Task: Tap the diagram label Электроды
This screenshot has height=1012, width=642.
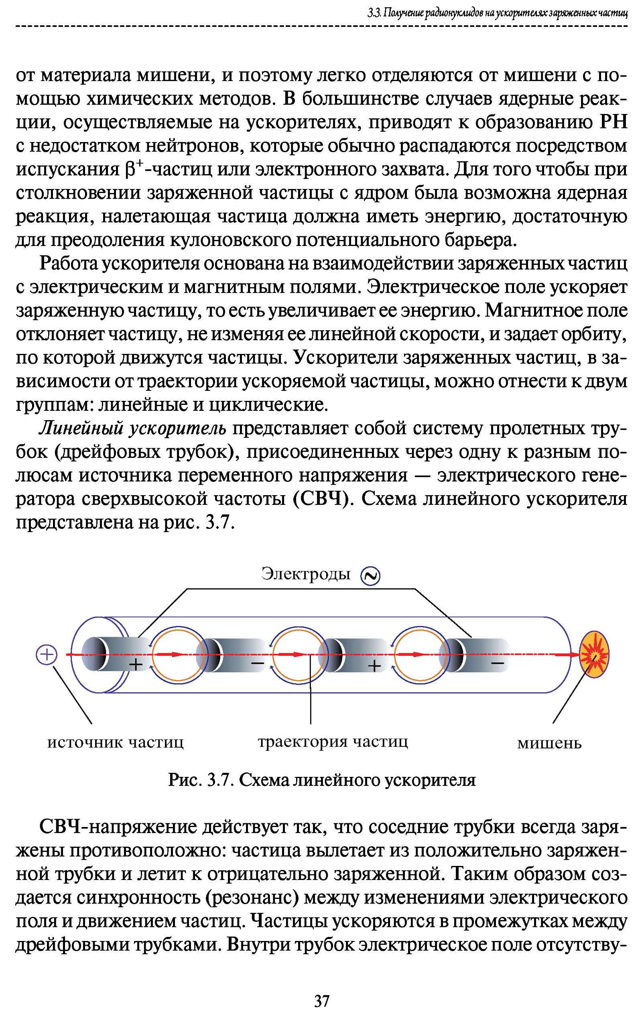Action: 305,574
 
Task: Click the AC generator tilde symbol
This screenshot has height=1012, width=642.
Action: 371,576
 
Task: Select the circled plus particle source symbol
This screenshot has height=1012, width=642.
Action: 46,655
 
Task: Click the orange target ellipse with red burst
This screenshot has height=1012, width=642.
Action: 594,654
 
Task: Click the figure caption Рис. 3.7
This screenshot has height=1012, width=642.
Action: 321,780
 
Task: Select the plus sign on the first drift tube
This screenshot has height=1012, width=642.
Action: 136,665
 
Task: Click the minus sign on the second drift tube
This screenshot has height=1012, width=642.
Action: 258,664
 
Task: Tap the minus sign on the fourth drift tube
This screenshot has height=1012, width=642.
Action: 498,664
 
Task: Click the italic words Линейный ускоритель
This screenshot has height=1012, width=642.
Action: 133,429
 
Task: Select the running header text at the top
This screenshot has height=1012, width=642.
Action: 498,14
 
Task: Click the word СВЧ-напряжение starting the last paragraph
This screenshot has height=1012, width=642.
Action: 118,827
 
